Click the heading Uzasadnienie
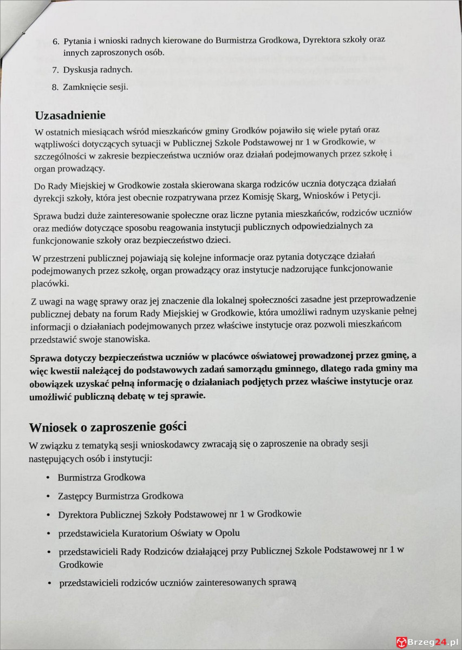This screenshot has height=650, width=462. click(x=70, y=116)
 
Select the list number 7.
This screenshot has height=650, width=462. click(x=55, y=70)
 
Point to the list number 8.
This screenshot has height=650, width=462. click(x=55, y=87)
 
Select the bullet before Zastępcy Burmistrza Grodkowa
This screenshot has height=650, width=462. click(x=48, y=496)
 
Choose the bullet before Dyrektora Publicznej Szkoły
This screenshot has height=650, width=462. click(x=48, y=515)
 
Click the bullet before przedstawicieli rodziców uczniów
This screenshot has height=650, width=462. click(x=48, y=583)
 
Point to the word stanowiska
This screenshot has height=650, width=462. click(x=128, y=339)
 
